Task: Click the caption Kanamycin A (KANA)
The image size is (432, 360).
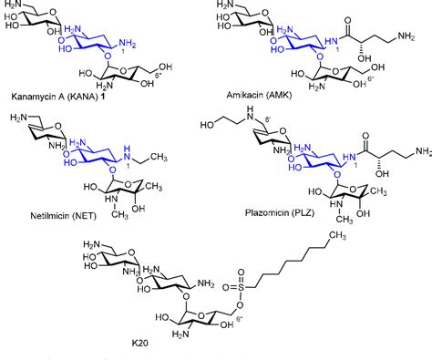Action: pos(50,96)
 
